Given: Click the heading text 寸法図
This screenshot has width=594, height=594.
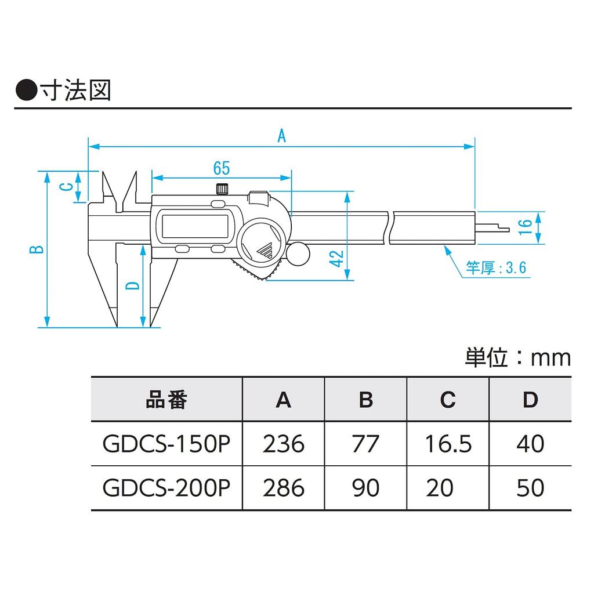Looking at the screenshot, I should pos(75,91).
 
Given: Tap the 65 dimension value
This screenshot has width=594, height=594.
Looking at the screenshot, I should pos(221,168).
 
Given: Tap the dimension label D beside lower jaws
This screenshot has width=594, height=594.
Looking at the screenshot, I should pos(133,285).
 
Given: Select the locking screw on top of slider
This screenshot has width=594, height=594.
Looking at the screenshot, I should pos(221,189).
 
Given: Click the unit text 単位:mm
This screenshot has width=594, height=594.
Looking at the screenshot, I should pos(517,357).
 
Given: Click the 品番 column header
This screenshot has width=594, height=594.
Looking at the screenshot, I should pos(166,400).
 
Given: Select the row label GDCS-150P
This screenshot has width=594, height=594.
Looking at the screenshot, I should pos(166,444).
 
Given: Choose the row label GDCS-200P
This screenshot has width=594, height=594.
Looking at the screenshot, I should pos(166,487).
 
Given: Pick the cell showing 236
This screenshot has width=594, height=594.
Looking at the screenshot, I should pos(283,444).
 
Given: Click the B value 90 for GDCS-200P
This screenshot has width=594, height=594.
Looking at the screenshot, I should pos(365,487).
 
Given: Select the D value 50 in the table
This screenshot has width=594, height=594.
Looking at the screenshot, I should pos(530,487).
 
